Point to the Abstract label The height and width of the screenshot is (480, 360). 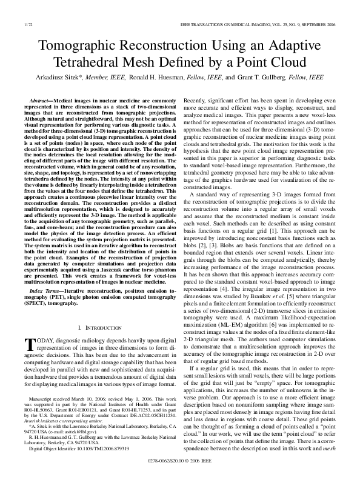pos(42,99)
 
